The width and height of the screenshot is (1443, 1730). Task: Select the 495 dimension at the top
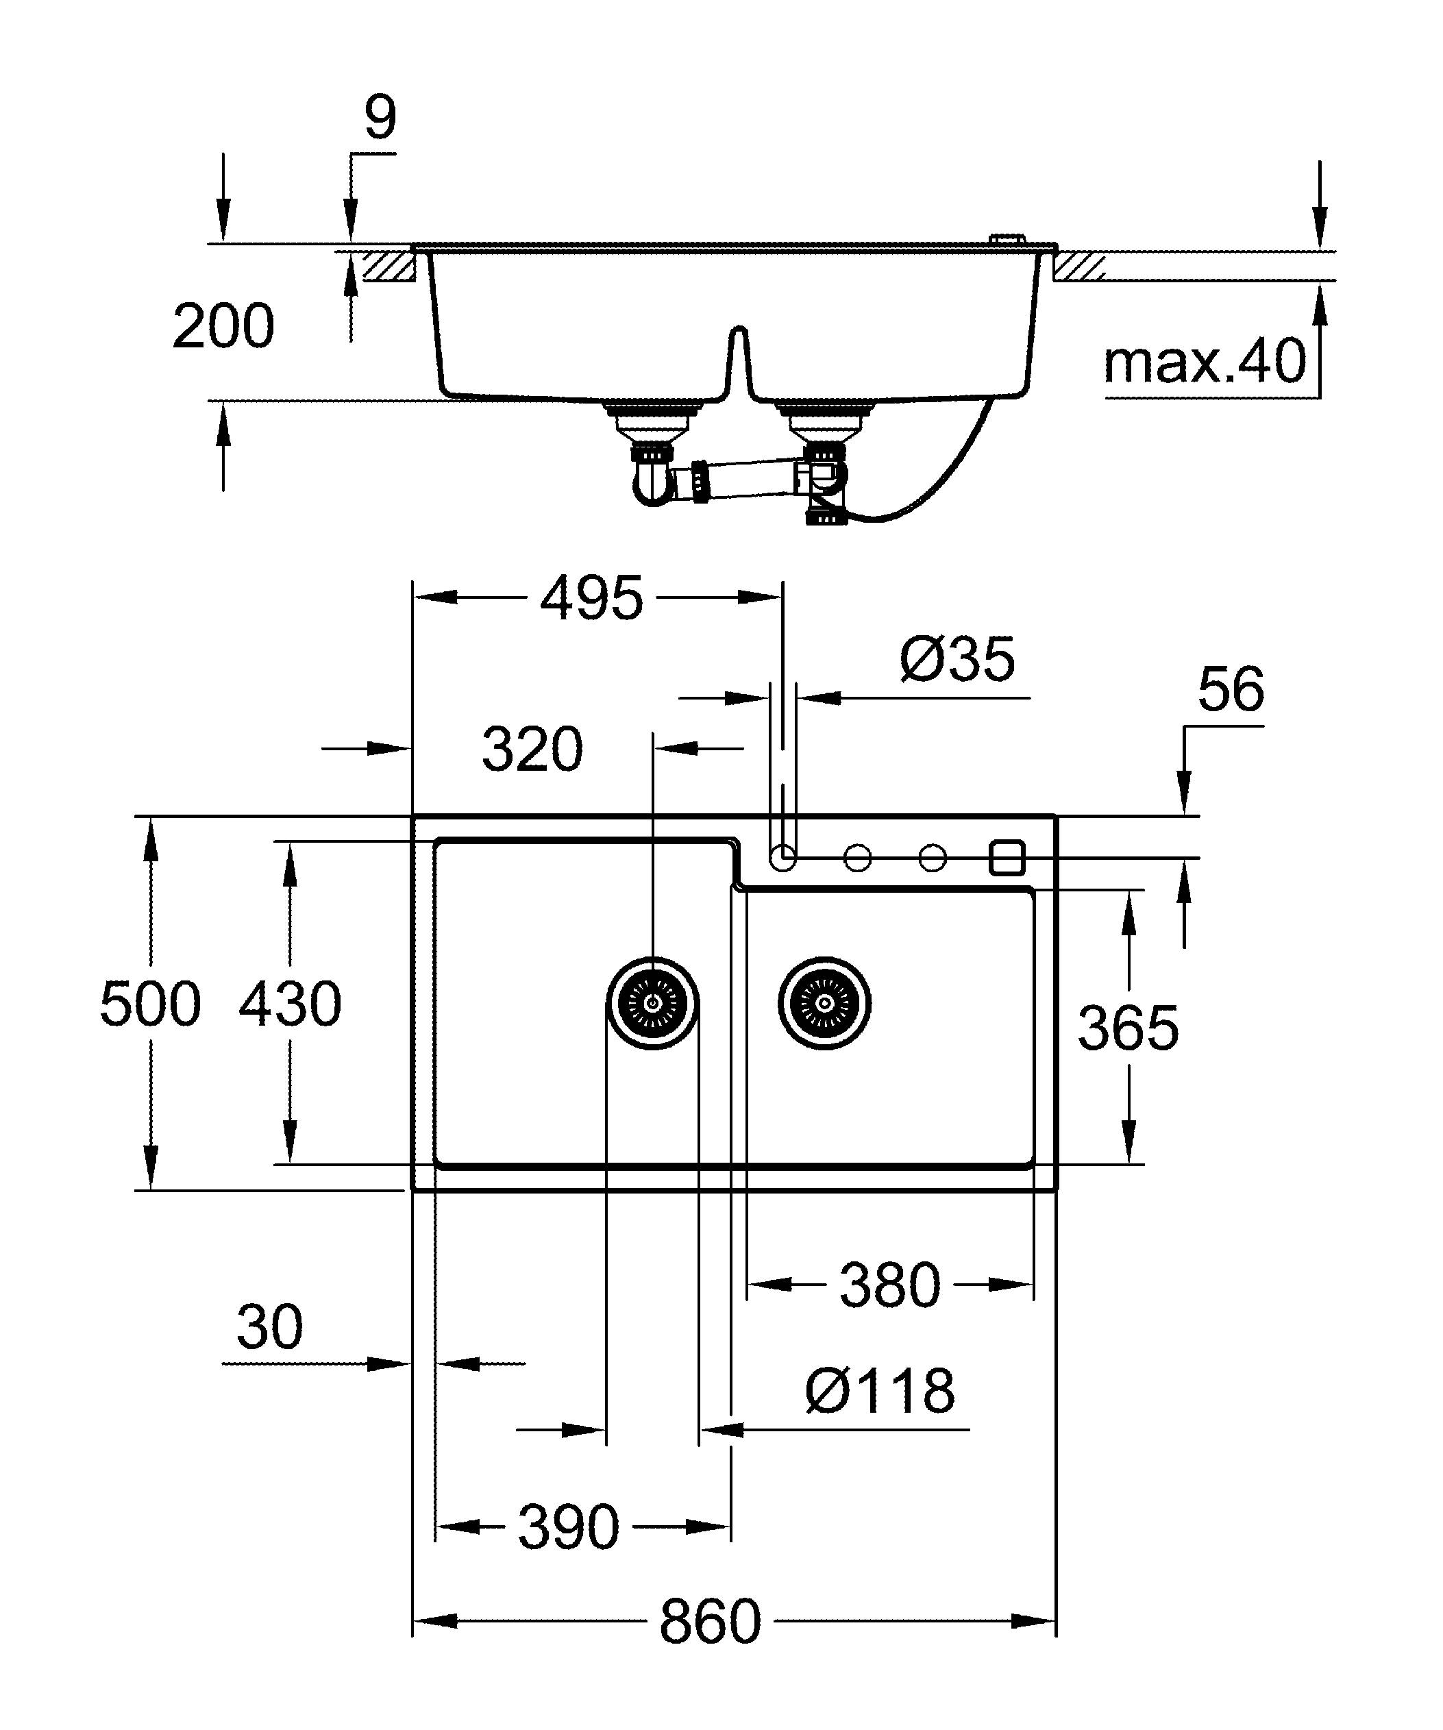[591, 599]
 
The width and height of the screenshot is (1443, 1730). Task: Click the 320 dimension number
[532, 750]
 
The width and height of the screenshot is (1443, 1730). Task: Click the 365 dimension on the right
[1128, 1028]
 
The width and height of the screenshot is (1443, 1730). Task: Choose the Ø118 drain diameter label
[880, 1392]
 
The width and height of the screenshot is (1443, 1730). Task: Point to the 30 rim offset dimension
[269, 1327]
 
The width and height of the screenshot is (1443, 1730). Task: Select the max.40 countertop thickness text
[1204, 362]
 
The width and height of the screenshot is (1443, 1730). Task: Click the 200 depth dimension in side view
[223, 326]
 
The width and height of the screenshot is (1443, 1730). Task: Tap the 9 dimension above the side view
[380, 118]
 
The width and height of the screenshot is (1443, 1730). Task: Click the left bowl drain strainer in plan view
[652, 1003]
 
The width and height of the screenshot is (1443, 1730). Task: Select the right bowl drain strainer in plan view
[824, 1003]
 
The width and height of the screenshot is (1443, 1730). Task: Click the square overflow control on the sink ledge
[1007, 858]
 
